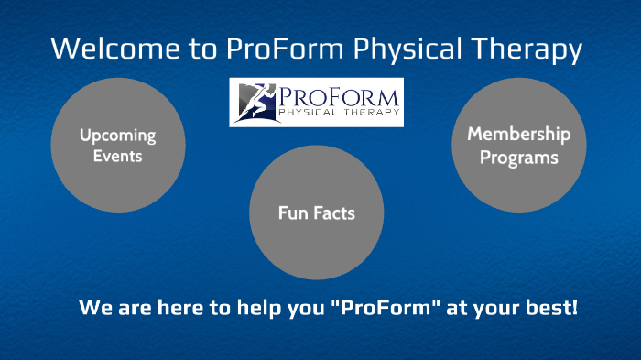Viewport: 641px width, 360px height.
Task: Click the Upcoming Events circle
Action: tap(117, 145)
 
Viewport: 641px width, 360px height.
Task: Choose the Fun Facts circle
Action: tap(316, 213)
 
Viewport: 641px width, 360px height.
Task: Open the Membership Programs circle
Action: tap(518, 146)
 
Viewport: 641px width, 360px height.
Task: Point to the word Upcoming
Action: tap(117, 136)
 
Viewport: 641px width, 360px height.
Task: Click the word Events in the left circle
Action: tap(117, 156)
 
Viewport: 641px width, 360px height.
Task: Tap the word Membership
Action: tap(518, 135)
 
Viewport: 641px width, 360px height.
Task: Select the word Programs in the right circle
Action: tap(518, 157)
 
